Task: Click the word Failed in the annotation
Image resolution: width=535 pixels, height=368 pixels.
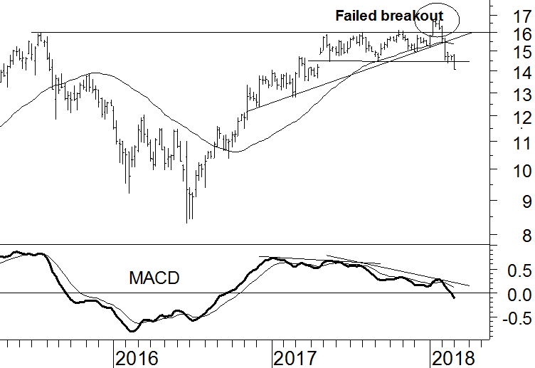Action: pyautogui.click(x=356, y=14)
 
